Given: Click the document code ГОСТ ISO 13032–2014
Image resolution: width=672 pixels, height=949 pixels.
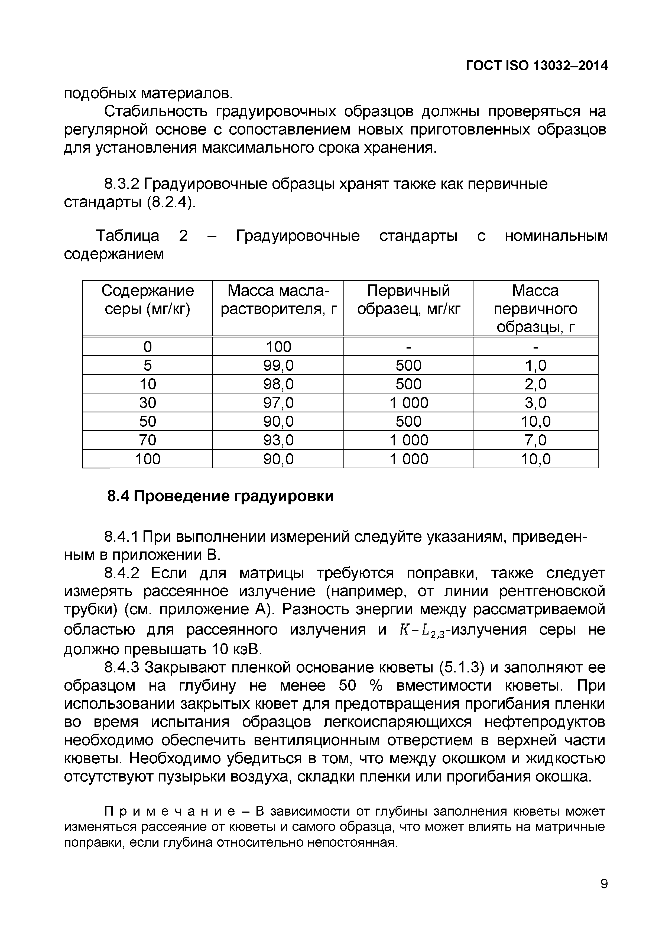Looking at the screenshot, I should point(537,66).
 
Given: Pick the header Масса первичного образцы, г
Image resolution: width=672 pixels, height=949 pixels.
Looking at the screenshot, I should point(535,308).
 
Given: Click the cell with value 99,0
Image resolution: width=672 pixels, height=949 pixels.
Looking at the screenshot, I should point(278,365).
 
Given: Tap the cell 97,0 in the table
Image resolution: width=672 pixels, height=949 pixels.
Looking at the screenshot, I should point(278,403).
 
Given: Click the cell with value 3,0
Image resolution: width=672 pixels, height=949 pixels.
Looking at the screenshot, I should point(535,403).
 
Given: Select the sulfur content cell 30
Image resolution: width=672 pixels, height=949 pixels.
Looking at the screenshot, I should point(147,403).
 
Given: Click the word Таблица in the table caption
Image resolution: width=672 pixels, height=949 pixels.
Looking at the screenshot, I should point(128,236).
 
